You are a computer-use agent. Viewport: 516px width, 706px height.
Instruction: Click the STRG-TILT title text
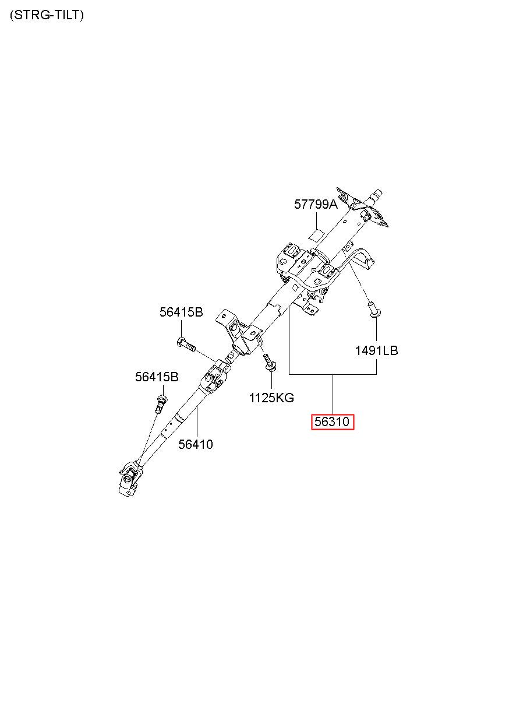(47, 16)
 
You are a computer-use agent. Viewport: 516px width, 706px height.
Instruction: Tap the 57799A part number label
(315, 204)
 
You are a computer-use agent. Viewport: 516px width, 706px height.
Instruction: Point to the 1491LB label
(376, 350)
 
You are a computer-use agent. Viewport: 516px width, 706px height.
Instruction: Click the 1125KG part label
(271, 398)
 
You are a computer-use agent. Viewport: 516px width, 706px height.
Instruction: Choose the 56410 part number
(196, 444)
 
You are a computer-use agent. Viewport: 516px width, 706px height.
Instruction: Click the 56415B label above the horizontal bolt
(181, 312)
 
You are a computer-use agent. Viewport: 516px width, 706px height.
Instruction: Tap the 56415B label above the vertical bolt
(157, 377)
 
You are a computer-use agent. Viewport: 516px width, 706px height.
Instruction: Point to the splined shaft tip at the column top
(377, 194)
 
